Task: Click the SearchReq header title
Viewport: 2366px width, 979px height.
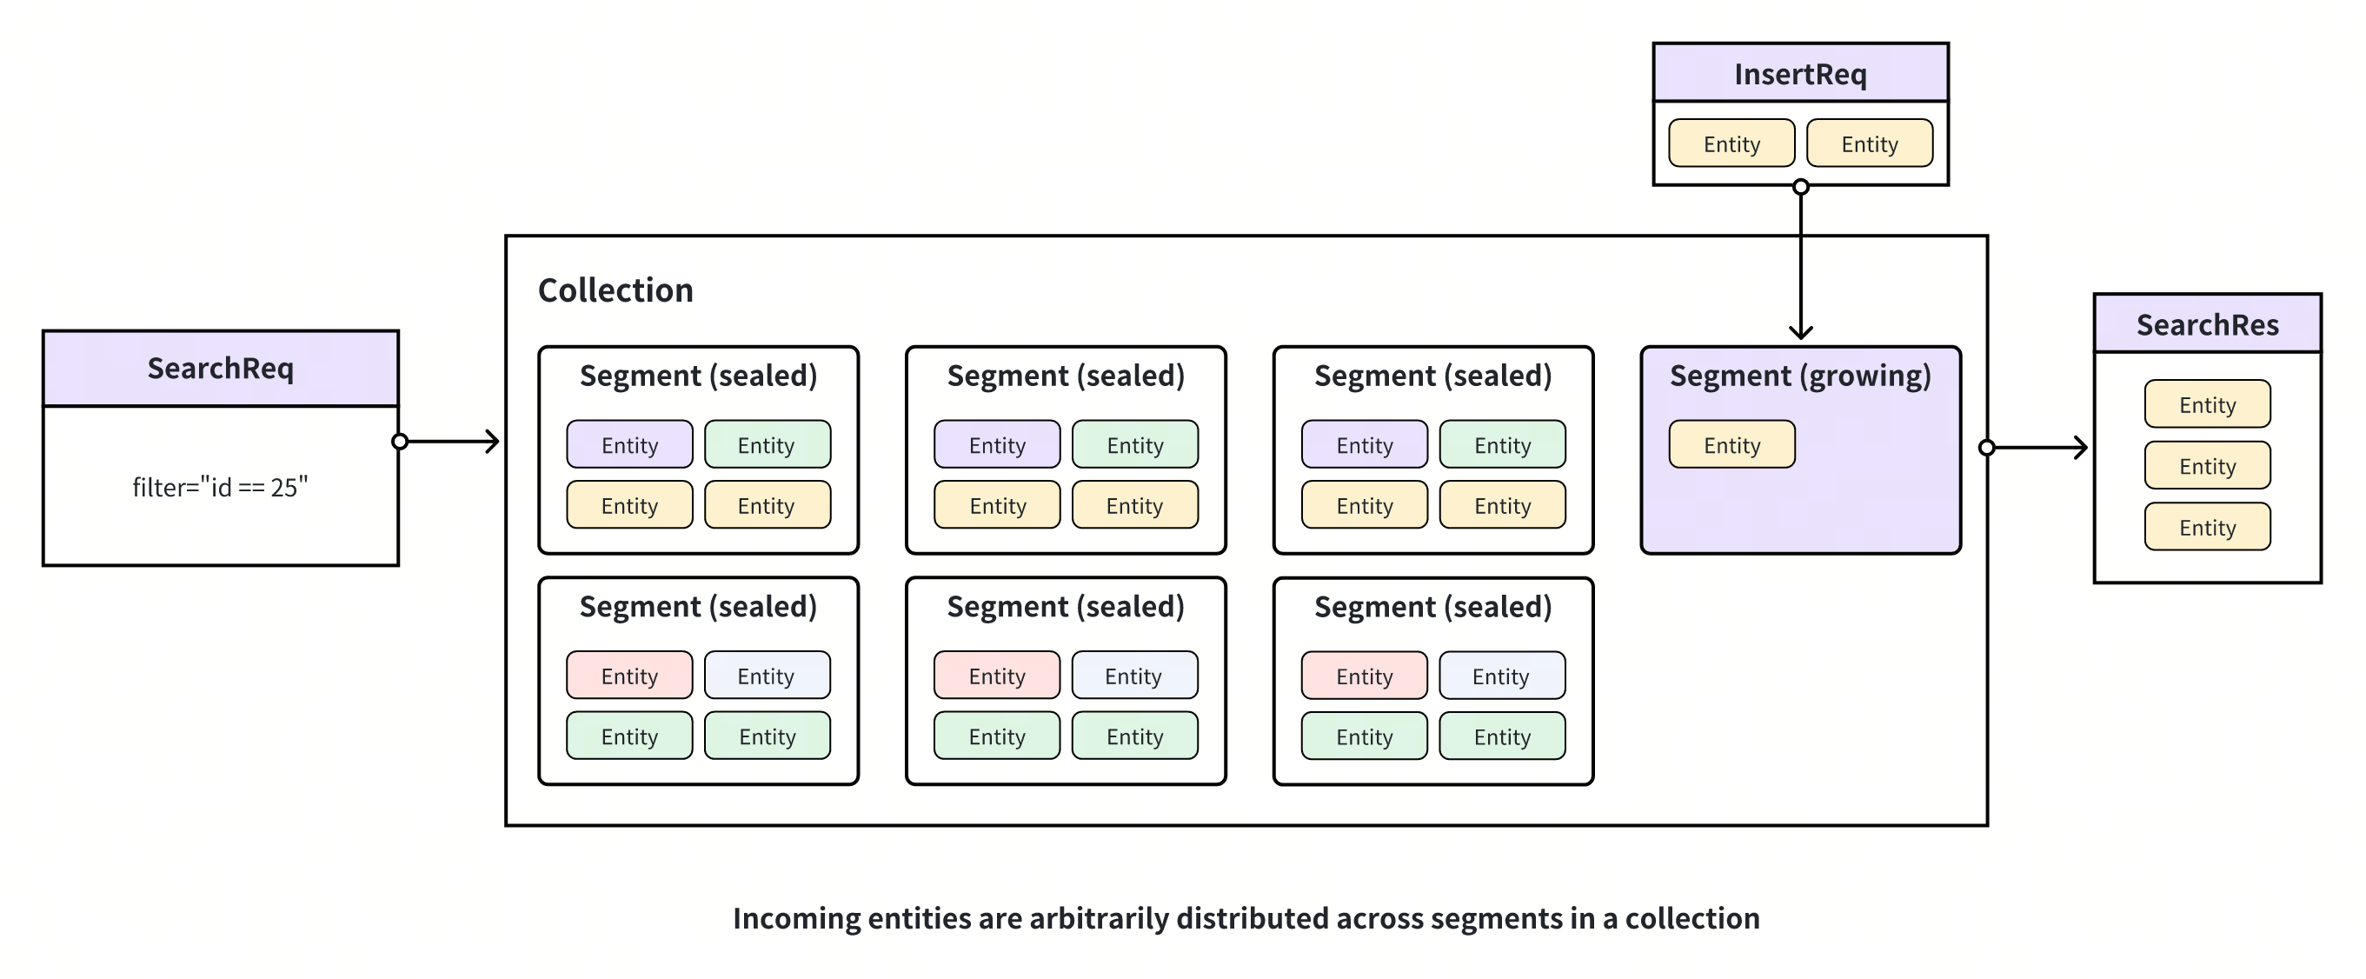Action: [221, 369]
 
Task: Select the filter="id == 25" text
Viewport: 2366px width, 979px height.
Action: [221, 487]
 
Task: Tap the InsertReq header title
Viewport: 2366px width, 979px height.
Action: [1800, 74]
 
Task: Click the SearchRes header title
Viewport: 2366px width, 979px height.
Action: [2207, 324]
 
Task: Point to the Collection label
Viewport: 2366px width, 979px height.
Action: [615, 290]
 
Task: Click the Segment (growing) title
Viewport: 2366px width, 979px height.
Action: [1800, 376]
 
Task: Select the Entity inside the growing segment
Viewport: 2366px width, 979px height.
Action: [1731, 445]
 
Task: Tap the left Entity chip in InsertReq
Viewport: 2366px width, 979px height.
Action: [1731, 144]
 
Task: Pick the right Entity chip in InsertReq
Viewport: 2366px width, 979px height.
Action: [1869, 144]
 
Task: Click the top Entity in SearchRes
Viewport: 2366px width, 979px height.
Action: [2207, 405]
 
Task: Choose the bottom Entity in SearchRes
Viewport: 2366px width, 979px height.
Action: [2207, 527]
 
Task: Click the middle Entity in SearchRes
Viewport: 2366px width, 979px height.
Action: [2207, 467]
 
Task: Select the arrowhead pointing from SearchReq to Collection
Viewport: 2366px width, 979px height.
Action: [493, 442]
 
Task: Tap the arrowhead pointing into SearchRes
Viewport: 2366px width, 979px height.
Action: [2081, 448]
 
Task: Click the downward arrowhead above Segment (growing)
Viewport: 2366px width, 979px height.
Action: [1801, 332]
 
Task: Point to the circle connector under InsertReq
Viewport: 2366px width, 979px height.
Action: [1801, 187]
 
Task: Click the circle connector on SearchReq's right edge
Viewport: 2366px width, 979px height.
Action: [400, 442]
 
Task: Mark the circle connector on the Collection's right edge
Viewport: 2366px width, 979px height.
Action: [1987, 448]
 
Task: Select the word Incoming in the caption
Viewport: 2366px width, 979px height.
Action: [796, 918]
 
